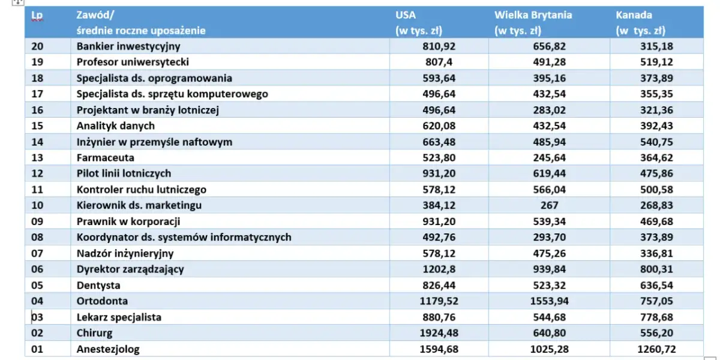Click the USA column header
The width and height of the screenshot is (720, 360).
406,15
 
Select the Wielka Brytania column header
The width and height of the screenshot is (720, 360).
533,15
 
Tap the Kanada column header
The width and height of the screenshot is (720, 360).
634,15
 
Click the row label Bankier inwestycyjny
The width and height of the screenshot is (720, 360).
128,46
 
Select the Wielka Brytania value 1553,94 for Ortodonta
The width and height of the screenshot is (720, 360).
547,301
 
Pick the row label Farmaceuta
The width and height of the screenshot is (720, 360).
105,158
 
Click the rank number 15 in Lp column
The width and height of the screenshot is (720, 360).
37,125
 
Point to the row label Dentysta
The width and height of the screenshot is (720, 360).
98,285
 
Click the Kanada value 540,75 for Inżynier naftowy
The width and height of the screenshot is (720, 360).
673,142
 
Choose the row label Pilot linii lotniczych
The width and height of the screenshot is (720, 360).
124,173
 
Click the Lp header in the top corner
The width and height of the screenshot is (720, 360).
37,16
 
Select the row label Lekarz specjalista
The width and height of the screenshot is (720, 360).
119,317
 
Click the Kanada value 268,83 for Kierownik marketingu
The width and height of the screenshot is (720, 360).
673,205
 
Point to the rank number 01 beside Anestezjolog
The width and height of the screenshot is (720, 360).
37,349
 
